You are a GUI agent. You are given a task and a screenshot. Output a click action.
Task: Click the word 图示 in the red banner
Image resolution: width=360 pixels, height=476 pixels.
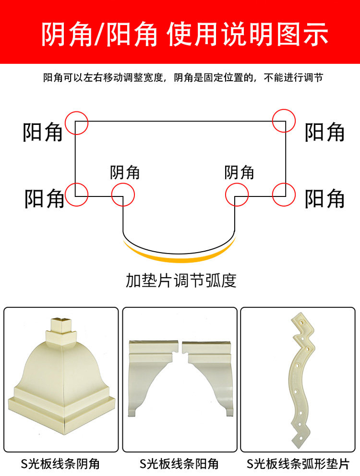(x=301, y=34)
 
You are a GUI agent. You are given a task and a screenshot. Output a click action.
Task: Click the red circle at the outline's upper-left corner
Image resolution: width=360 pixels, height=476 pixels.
(x=77, y=122)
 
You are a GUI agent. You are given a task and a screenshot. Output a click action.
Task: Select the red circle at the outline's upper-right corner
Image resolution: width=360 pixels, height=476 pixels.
(x=284, y=121)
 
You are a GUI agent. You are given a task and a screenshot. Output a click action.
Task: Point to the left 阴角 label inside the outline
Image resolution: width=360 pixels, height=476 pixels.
(x=125, y=172)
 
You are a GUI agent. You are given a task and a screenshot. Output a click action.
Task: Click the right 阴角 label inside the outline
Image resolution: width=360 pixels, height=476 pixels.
(x=239, y=172)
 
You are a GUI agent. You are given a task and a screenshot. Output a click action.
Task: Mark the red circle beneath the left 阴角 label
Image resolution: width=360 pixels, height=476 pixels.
(x=123, y=195)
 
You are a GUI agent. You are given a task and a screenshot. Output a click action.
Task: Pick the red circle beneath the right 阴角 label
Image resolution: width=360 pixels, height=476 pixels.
(x=237, y=195)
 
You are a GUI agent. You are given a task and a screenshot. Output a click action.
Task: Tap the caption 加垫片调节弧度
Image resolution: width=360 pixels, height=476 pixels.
(x=181, y=280)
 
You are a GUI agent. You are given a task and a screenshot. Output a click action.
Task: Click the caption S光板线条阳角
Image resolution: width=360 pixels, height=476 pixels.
(x=179, y=464)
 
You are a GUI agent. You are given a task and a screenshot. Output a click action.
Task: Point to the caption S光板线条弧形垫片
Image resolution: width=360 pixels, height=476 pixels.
(x=298, y=464)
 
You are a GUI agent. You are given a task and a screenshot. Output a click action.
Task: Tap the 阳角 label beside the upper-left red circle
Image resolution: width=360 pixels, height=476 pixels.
(x=43, y=132)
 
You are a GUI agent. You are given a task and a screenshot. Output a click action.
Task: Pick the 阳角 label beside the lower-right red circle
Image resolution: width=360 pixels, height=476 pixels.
(x=325, y=198)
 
